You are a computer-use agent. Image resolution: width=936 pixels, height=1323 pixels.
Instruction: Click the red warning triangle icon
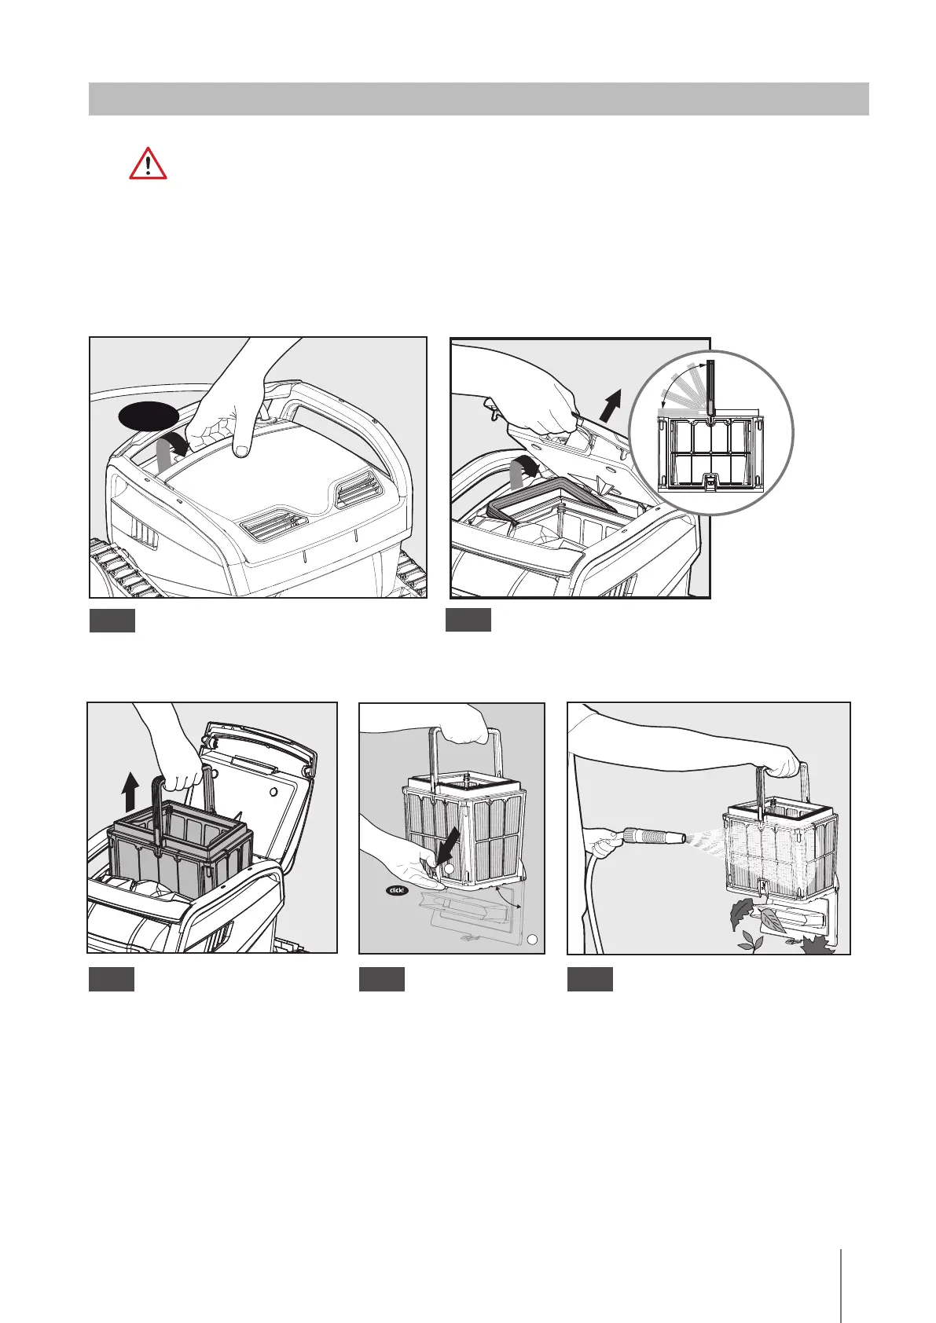click(148, 163)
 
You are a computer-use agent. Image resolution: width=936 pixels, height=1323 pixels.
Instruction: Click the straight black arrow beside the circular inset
click(611, 405)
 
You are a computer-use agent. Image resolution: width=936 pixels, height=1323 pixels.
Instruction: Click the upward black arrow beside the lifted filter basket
click(132, 793)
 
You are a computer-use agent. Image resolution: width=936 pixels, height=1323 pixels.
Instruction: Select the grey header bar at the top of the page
click(479, 99)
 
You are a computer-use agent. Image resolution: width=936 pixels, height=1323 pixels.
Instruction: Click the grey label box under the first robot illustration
click(112, 621)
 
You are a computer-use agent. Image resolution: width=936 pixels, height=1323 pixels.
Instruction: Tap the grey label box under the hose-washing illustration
click(589, 979)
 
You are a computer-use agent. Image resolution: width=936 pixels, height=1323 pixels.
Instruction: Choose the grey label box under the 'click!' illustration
click(382, 979)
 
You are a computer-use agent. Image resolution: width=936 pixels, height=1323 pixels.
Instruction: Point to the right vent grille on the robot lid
click(356, 489)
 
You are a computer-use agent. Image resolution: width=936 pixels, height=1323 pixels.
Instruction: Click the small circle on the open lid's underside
click(273, 792)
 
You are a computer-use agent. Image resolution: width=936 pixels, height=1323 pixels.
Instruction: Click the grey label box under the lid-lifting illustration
click(468, 620)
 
